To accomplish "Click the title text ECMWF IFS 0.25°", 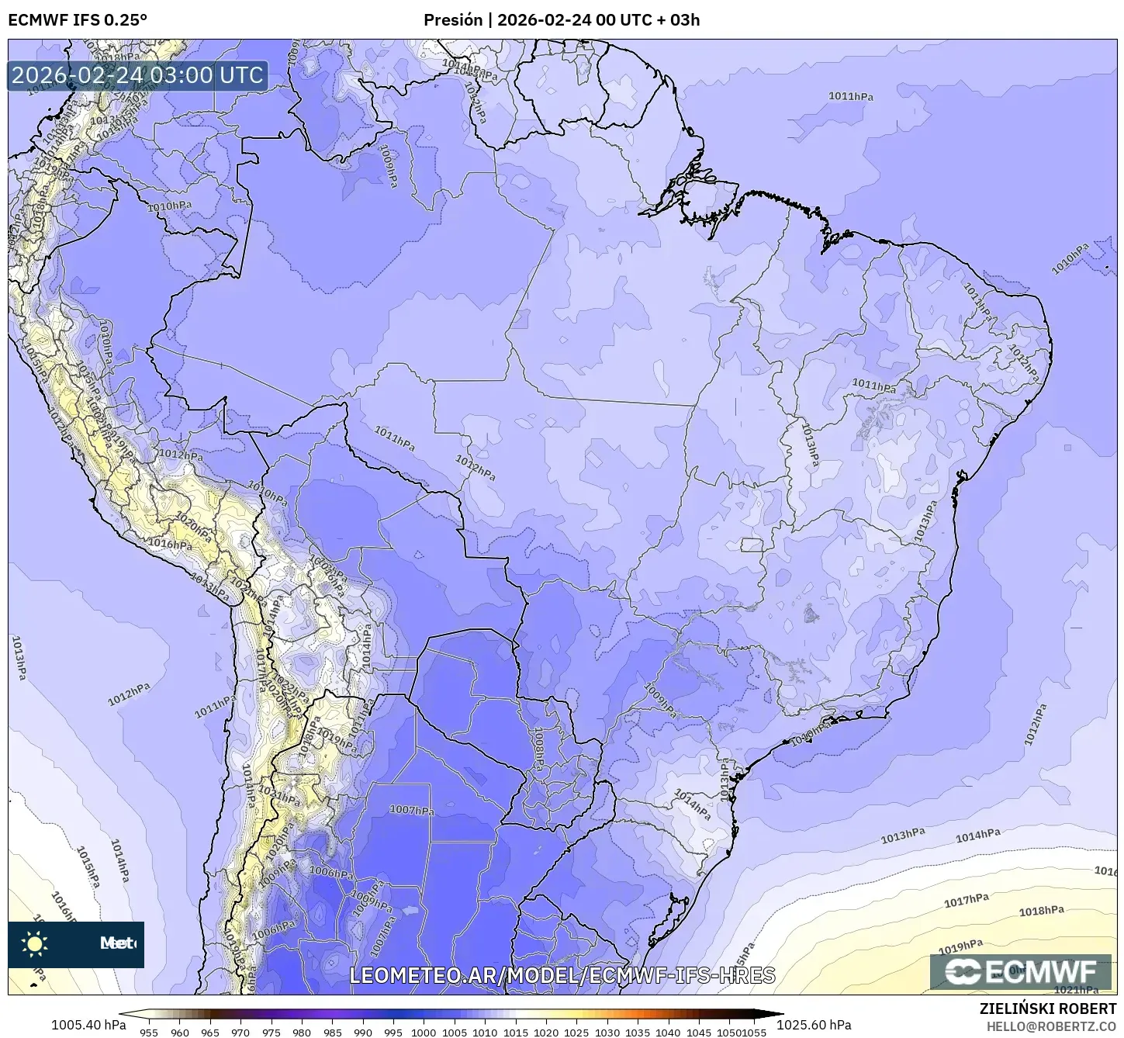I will [78, 19].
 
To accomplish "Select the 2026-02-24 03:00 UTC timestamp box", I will [138, 76].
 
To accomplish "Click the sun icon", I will [35, 943].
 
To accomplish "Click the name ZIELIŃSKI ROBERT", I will [1048, 1009].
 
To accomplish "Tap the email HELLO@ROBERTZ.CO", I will [1051, 1026].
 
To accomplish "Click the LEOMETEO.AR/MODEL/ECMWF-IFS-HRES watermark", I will [562, 975].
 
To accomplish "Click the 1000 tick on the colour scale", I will [424, 1033].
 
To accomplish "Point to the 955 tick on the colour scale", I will [149, 1033].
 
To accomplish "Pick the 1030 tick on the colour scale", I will [607, 1033].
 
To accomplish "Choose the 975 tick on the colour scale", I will [271, 1033].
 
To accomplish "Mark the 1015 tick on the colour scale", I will [515, 1033].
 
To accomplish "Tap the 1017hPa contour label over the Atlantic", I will [966, 900].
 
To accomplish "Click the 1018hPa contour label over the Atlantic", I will [1041, 911].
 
